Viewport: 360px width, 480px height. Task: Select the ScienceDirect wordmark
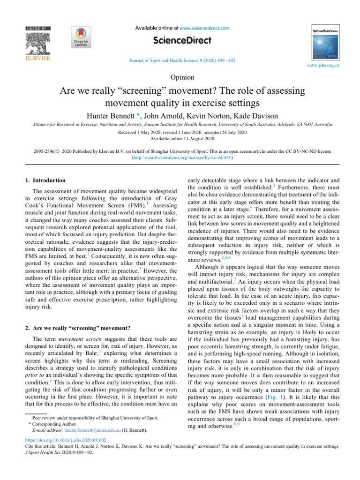(180, 41)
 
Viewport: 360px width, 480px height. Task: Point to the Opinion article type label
(180, 77)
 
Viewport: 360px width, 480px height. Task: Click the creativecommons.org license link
(180, 158)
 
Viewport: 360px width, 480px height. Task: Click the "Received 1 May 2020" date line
(180, 133)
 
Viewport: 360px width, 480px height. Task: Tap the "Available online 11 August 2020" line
(180, 139)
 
